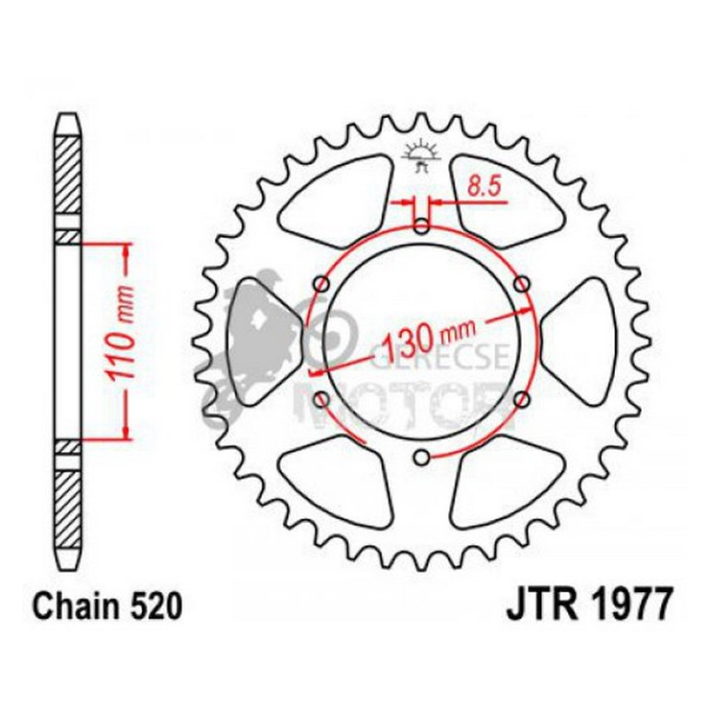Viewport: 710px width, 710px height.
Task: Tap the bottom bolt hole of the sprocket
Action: tap(421, 456)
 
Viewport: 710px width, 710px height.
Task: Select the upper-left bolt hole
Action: tap(320, 282)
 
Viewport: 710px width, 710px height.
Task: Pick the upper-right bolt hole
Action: tap(523, 282)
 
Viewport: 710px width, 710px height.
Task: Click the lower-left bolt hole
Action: tap(320, 398)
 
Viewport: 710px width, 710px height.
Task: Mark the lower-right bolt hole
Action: tap(523, 398)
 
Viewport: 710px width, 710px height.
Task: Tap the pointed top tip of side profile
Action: tap(69, 116)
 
